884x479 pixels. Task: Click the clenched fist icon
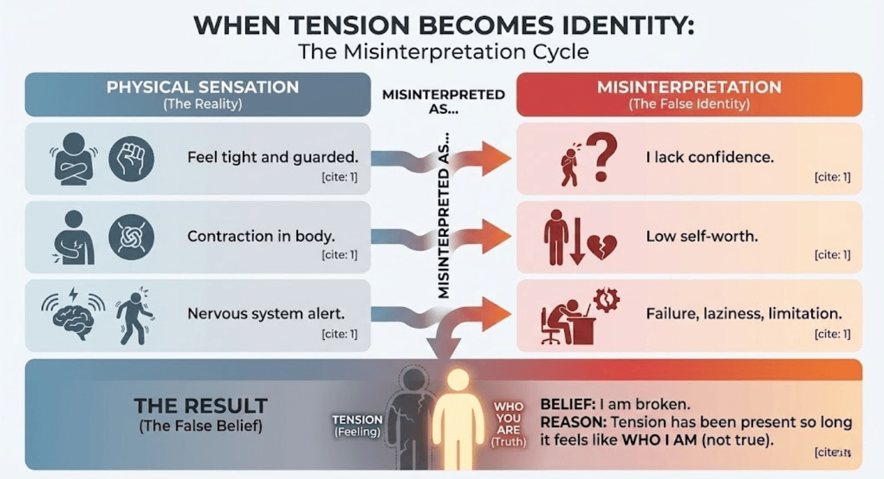click(131, 158)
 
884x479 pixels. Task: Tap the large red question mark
click(602, 157)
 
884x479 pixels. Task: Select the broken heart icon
click(601, 247)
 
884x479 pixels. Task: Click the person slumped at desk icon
click(567, 318)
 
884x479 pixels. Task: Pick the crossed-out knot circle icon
click(131, 236)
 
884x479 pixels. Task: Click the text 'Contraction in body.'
click(261, 236)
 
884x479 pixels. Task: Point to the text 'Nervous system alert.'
click(266, 314)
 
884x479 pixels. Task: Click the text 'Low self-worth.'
click(702, 236)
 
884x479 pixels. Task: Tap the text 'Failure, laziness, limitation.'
click(744, 314)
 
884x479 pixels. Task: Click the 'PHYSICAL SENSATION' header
click(203, 87)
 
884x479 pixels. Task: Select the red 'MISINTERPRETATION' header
click(689, 87)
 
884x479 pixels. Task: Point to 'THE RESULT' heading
click(201, 405)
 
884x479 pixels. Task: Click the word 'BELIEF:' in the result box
click(568, 405)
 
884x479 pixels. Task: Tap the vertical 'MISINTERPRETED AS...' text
click(444, 221)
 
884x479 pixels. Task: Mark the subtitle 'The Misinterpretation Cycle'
click(443, 51)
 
